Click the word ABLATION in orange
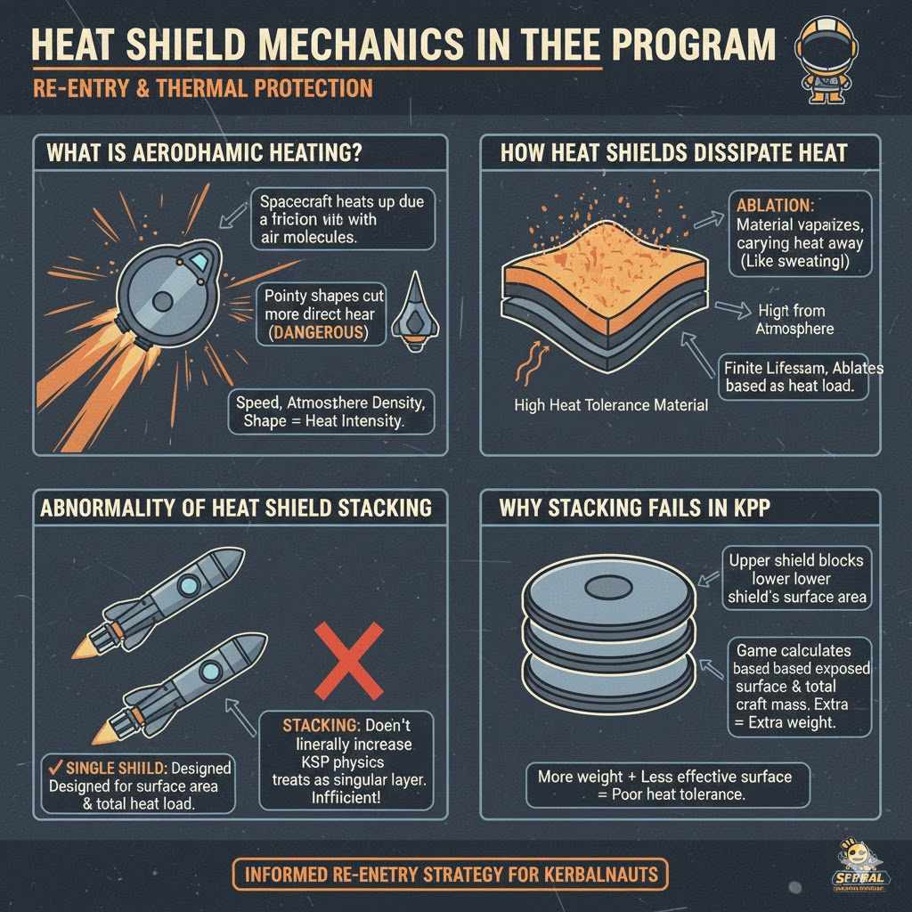coord(774,203)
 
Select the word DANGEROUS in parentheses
coord(318,332)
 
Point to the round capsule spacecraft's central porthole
coord(163,302)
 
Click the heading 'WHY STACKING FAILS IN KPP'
coord(636,509)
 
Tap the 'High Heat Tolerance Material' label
coord(611,405)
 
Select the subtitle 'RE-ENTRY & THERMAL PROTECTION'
coord(203,88)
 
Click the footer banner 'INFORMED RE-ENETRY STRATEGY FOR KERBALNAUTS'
coord(450,873)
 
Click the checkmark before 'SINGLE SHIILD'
coord(55,767)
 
